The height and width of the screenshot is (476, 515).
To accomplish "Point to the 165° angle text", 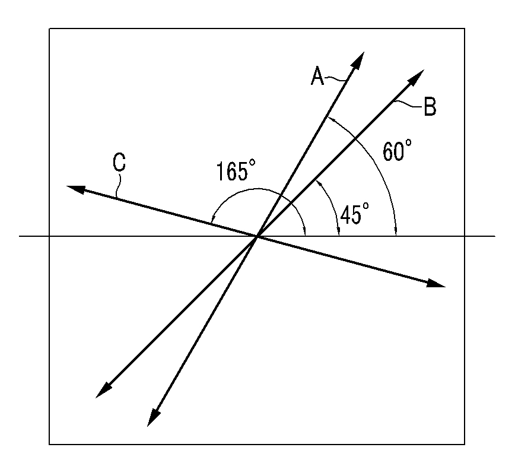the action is pos(235,172).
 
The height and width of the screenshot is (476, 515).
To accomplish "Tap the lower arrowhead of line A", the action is pos(152,418).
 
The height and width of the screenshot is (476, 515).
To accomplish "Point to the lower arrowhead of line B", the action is pos(102,391).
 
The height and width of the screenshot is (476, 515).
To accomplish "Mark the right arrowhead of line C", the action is pos(437,284).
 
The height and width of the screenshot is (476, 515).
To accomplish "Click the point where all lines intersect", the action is pos(257,237).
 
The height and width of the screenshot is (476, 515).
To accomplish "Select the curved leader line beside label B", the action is pos(408,104).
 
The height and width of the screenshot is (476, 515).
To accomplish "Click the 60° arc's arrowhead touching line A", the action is pos(329,120).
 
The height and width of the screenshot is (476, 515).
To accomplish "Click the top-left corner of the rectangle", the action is pos(49,28).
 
